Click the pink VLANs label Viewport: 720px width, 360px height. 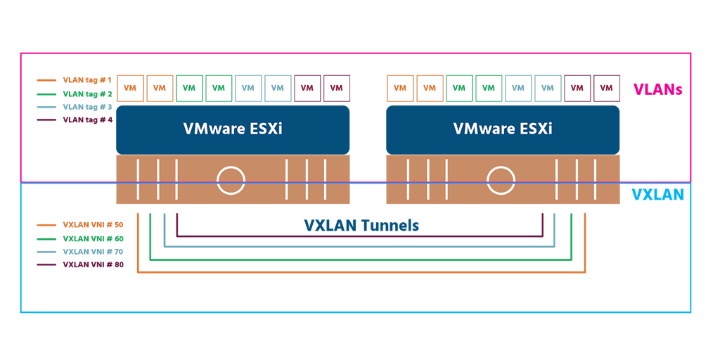click(658, 89)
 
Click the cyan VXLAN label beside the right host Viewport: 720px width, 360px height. click(657, 195)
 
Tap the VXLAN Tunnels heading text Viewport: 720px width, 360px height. click(361, 226)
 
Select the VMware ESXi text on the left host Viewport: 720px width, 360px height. click(233, 129)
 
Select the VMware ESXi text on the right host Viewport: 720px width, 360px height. click(503, 129)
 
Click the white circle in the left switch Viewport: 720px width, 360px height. click(231, 180)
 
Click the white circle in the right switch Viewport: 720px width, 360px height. click(501, 180)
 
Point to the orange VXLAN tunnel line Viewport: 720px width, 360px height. click(361, 271)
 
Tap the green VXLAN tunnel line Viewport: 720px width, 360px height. click(361, 259)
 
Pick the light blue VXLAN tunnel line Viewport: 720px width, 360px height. click(361, 247)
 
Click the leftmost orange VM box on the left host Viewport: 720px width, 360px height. click(130, 88)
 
